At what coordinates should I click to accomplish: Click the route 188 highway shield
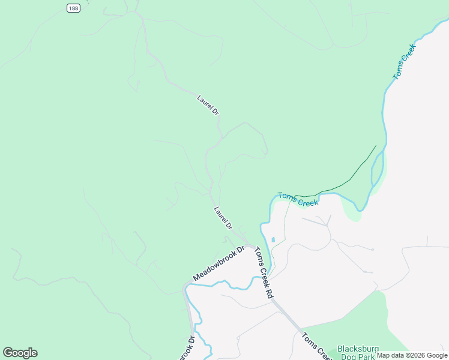(x=73, y=8)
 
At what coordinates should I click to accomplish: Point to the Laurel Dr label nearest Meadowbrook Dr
(x=223, y=218)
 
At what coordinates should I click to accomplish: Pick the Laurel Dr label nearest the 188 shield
(x=208, y=105)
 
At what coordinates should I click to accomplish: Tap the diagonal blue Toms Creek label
(x=404, y=65)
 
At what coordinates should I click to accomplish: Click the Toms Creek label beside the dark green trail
(x=298, y=199)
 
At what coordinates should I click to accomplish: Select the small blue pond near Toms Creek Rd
(x=273, y=239)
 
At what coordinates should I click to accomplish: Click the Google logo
(x=20, y=353)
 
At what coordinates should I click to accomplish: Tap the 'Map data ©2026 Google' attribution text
(x=412, y=355)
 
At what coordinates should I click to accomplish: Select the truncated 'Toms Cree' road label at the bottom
(x=314, y=346)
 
